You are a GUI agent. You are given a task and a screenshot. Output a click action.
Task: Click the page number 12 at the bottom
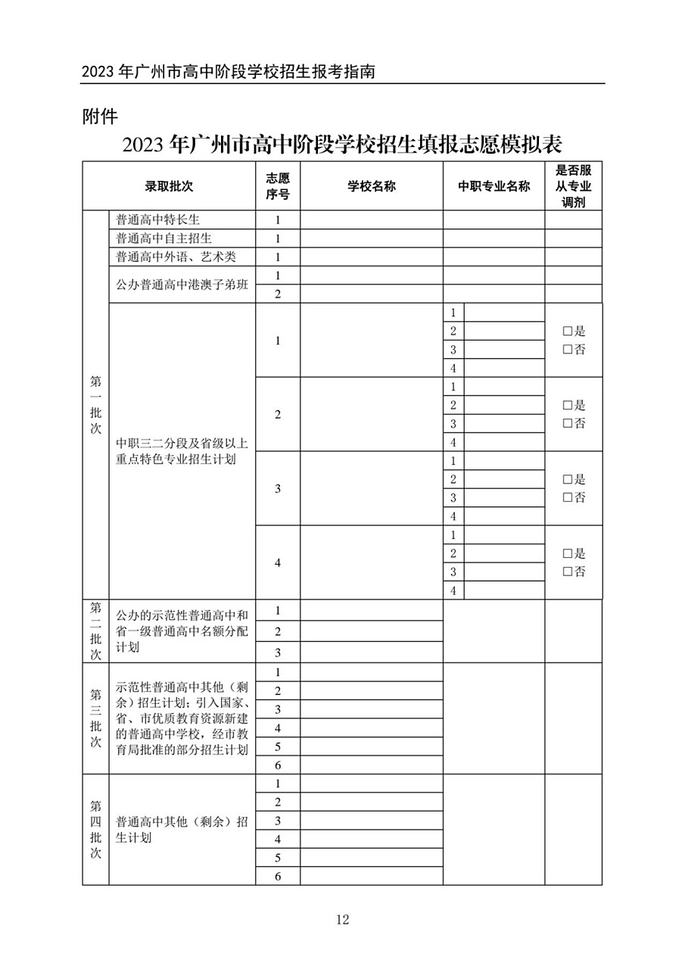(x=342, y=920)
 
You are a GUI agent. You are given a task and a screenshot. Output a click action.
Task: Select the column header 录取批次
(x=170, y=186)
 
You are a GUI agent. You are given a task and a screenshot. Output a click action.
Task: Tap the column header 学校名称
(x=372, y=186)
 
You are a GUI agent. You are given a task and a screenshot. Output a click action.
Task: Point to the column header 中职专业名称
(x=494, y=186)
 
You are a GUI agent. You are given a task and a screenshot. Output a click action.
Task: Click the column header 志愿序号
(x=278, y=186)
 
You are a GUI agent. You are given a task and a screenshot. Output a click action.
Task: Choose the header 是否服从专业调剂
(x=573, y=186)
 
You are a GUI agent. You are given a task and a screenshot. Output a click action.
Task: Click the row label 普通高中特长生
(x=157, y=220)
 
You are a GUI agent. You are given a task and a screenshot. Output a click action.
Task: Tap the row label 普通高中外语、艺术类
(x=176, y=257)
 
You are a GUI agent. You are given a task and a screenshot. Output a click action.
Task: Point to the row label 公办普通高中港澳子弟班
(x=182, y=285)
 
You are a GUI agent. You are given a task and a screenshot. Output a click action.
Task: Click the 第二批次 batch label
(x=96, y=631)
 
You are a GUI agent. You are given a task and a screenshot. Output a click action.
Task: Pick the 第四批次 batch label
(x=96, y=830)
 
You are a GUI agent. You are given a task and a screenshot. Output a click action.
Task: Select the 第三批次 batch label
(x=96, y=718)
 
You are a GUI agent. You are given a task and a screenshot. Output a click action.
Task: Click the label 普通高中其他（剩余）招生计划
(x=182, y=830)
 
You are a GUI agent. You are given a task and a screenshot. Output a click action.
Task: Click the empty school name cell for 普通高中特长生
(x=372, y=220)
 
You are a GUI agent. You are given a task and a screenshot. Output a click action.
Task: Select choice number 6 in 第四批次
(x=278, y=877)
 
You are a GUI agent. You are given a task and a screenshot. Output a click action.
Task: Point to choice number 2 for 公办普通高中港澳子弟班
(x=278, y=294)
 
